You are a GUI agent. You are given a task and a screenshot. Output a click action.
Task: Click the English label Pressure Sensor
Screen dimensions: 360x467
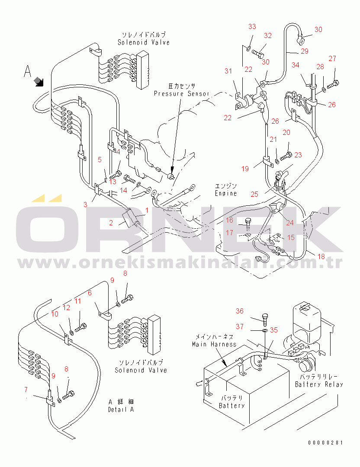click(x=181, y=93)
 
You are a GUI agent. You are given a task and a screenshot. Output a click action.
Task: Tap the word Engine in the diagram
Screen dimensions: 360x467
click(x=226, y=193)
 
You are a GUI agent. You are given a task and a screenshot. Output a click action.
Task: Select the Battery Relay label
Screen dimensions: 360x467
click(x=319, y=384)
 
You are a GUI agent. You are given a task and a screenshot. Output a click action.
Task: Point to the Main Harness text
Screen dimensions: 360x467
click(x=214, y=344)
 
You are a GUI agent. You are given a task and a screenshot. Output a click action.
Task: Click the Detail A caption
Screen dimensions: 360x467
click(x=121, y=409)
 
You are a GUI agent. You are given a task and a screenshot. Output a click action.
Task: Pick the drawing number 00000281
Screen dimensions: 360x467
click(x=325, y=443)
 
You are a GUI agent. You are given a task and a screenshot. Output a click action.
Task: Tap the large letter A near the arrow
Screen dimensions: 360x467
click(x=27, y=71)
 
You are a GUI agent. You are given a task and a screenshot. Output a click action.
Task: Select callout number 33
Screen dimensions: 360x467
click(x=252, y=26)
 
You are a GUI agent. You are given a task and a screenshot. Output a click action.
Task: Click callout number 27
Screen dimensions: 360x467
click(x=332, y=58)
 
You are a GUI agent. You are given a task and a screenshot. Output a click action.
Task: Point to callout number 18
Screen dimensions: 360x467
click(x=321, y=256)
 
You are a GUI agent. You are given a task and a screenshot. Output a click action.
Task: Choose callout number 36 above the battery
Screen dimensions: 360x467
click(x=240, y=311)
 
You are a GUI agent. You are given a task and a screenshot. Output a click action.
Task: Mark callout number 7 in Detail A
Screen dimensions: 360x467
click(x=26, y=390)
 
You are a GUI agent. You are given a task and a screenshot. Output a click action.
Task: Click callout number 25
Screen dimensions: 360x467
click(x=254, y=194)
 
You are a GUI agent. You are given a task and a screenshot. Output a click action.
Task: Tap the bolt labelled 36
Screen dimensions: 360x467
click(x=265, y=319)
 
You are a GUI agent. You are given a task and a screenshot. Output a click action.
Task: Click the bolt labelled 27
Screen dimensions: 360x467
click(x=333, y=85)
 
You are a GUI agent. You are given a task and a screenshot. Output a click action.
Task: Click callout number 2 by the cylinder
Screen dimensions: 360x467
click(x=111, y=223)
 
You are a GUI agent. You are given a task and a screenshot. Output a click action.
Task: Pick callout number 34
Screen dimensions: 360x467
click(x=296, y=65)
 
